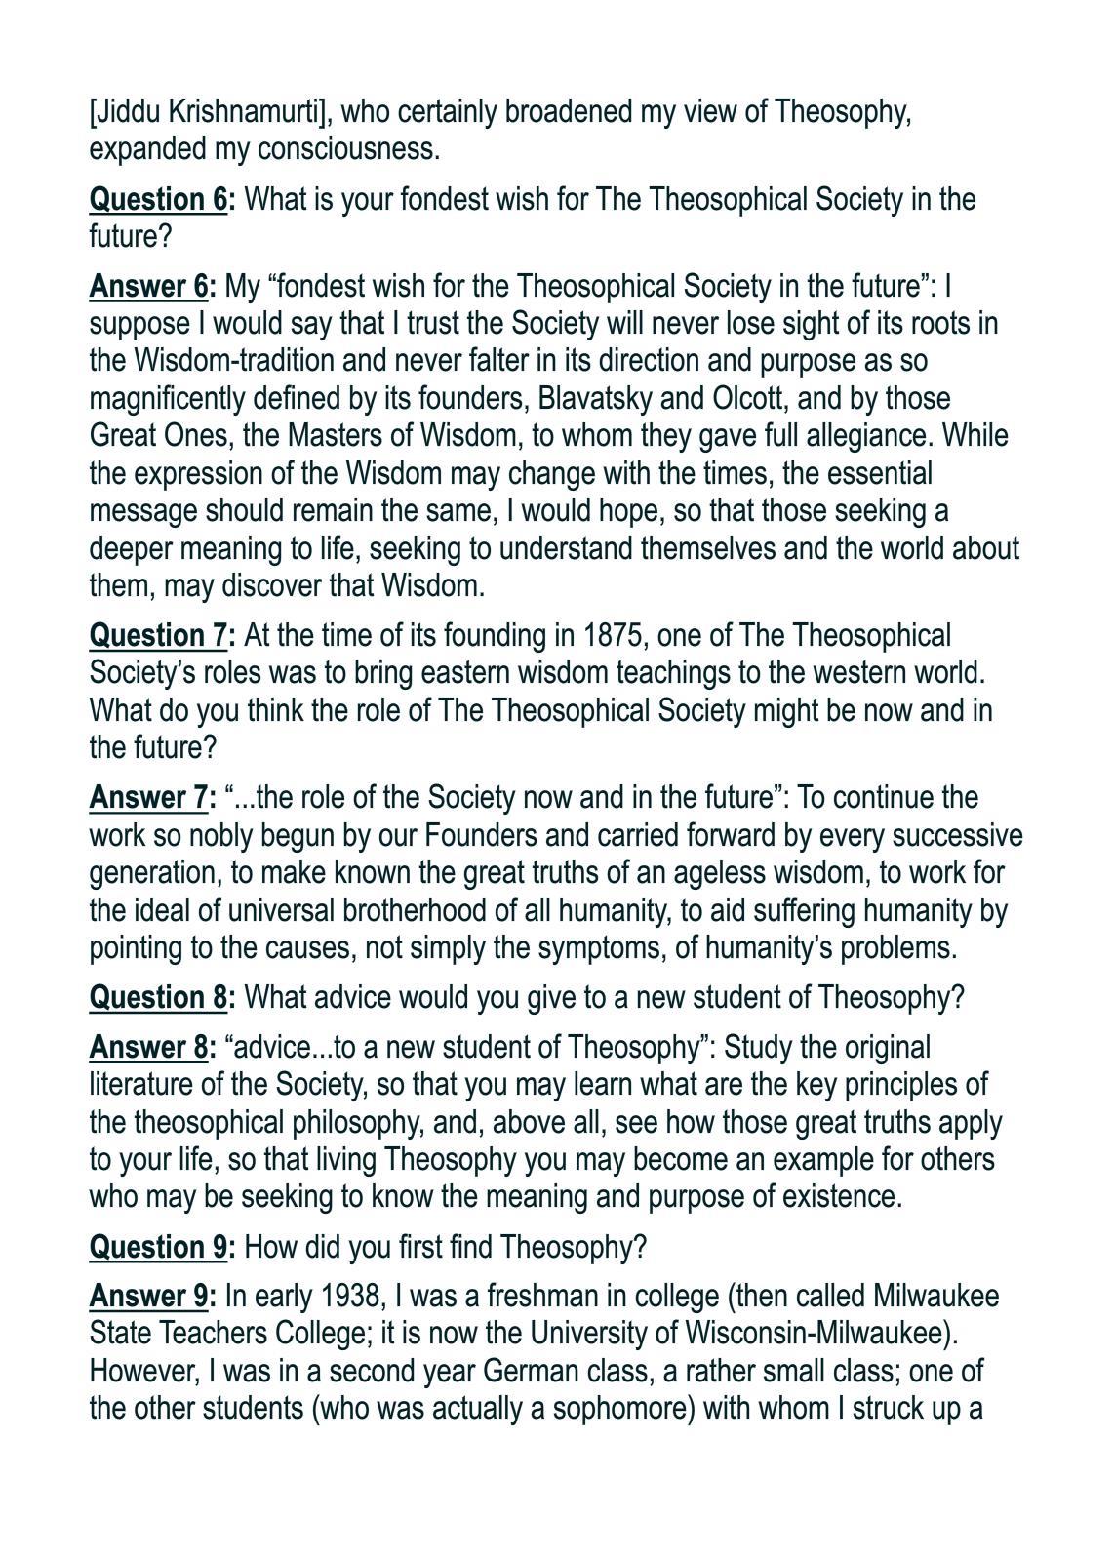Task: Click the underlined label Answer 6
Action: [149, 286]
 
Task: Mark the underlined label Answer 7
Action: [149, 797]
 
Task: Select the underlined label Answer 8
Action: [149, 1047]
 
